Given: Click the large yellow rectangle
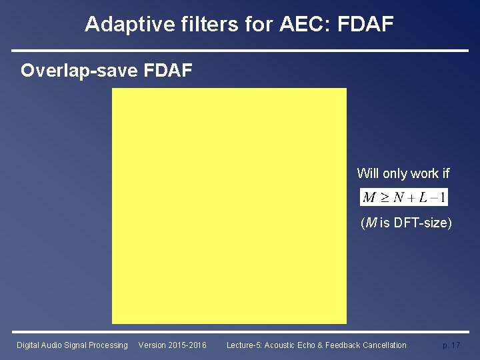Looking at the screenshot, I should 229,205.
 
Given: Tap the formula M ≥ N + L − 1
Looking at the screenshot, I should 404,197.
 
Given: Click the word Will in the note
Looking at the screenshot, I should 367,173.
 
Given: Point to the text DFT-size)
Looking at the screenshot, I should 423,222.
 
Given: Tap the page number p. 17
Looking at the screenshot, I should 451,345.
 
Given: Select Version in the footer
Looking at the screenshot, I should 153,345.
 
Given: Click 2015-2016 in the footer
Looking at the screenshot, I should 189,345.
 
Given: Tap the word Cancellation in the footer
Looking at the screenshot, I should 383,345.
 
